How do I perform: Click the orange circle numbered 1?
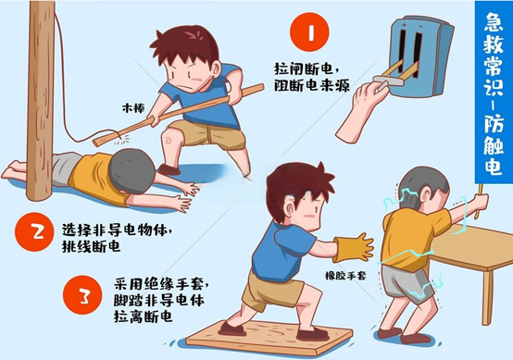309,32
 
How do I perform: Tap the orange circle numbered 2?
34,232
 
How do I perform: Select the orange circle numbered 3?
82,295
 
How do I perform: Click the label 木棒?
133,108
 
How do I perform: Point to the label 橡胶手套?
345,276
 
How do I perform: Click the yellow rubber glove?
354,248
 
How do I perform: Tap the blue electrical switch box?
420,56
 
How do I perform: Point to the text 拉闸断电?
304,69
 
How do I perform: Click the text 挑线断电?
91,246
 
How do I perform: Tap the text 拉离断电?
143,317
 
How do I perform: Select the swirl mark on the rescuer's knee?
169,140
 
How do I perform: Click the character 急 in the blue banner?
494,22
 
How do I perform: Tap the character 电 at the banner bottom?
494,166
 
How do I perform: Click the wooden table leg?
487,296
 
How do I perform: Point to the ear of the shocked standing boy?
426,196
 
